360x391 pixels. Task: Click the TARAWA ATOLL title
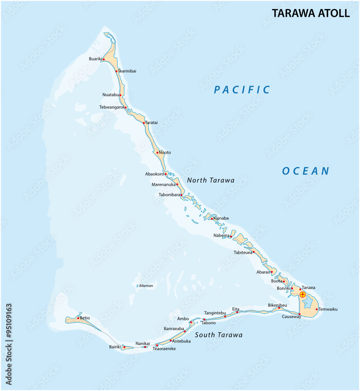311,13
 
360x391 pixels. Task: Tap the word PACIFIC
242,90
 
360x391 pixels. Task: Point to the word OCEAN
306,171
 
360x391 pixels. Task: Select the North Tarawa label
211,180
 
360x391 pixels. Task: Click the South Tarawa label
219,335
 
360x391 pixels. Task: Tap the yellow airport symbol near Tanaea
303,294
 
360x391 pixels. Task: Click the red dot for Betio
78,318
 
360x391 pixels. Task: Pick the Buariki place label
95,59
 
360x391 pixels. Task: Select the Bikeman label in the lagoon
146,286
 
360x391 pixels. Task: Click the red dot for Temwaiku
317,309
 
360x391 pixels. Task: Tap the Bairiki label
115,347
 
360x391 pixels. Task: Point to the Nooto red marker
157,152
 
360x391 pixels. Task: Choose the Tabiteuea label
243,253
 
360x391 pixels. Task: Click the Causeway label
291,317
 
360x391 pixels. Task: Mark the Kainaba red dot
212,219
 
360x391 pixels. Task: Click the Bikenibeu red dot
279,308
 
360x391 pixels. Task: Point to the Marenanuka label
163,184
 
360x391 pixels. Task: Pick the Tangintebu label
215,313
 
